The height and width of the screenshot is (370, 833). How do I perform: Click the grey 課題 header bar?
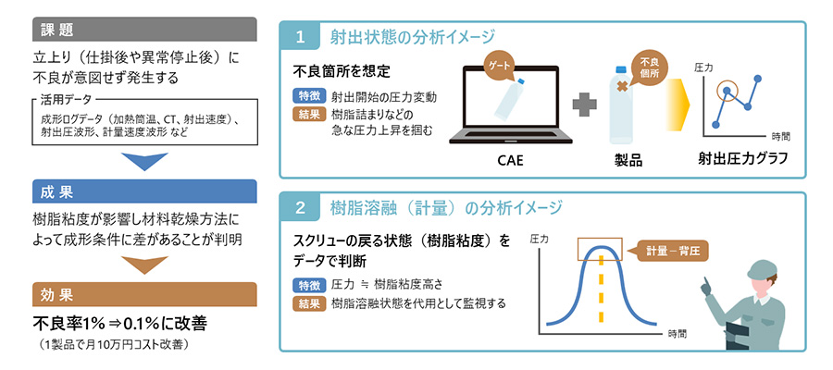pyautogui.click(x=143, y=29)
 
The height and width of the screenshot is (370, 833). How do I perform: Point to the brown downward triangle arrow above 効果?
pyautogui.click(x=143, y=265)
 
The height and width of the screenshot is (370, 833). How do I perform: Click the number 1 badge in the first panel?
pyautogui.click(x=300, y=38)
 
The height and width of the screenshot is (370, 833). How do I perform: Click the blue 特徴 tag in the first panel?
pyautogui.click(x=307, y=95)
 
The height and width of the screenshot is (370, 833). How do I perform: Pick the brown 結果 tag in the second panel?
pyautogui.click(x=307, y=302)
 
